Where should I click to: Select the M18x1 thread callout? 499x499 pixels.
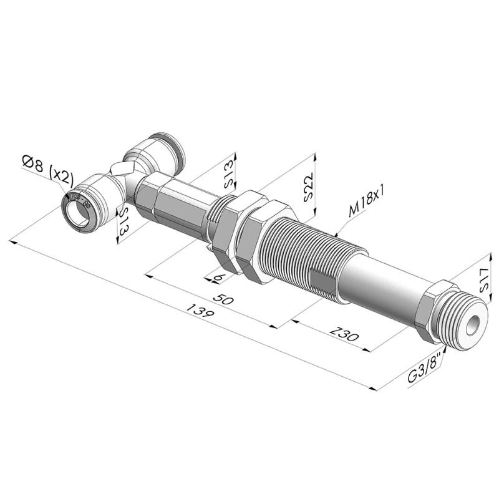(x=367, y=201)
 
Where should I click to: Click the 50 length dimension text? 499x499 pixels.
(x=223, y=299)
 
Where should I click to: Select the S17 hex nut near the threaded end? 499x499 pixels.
(x=433, y=310)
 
